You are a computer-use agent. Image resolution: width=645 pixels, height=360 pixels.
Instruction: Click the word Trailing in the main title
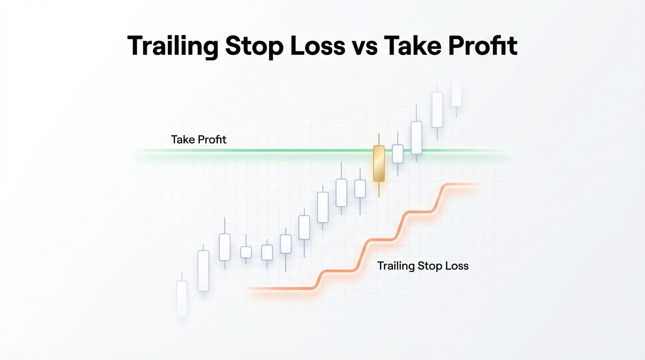(172, 46)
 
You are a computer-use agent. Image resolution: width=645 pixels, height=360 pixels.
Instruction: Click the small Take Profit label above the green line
(199, 139)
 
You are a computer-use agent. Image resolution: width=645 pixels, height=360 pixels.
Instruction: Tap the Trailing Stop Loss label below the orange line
(423, 266)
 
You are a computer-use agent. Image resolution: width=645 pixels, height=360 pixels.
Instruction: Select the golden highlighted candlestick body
(378, 163)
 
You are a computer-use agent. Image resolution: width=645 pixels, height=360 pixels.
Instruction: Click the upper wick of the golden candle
(378, 140)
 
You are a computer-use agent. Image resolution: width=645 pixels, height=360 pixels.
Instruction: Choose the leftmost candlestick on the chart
(181, 298)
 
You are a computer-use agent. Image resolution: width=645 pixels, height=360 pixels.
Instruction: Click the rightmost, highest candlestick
(456, 93)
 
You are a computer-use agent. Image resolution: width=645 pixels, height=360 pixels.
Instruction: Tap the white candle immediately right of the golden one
(397, 154)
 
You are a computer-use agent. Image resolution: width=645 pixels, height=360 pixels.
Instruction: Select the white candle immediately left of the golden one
(360, 188)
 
